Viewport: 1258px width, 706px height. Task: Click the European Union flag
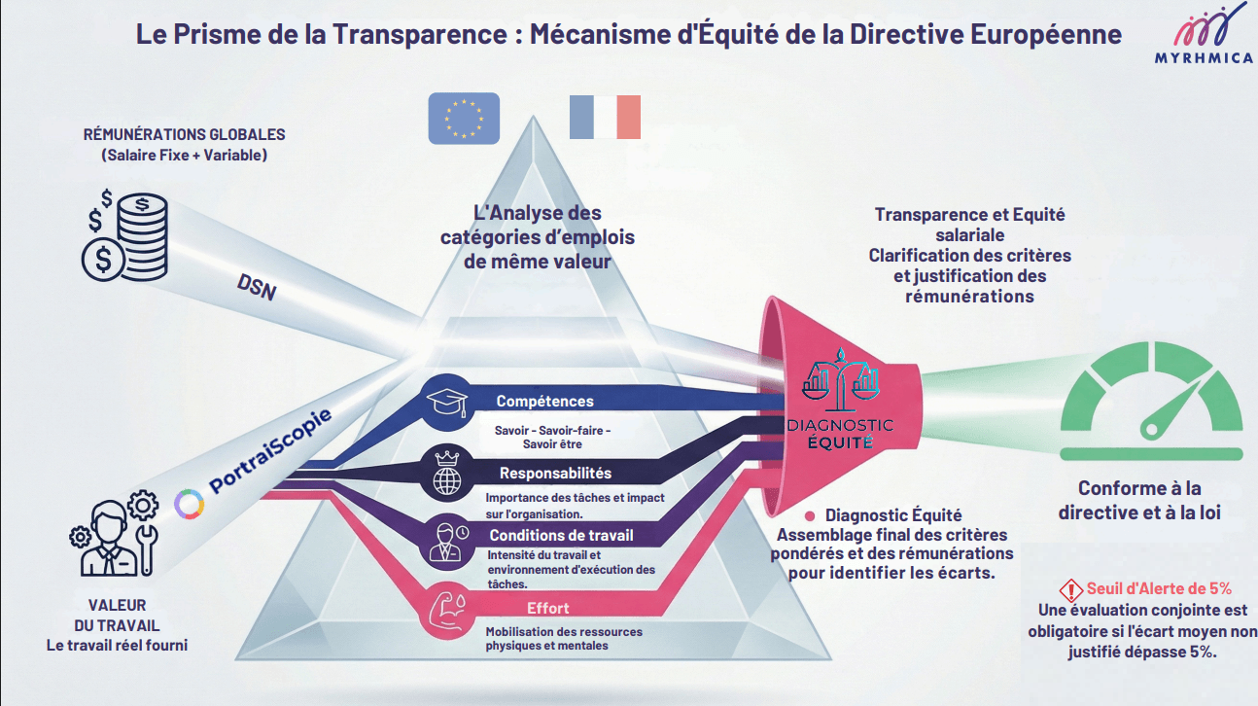pyautogui.click(x=464, y=119)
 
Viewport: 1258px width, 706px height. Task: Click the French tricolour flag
pyautogui.click(x=605, y=117)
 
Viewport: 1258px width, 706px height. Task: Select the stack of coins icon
pyautogui.click(x=125, y=236)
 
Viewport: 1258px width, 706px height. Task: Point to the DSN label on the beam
pyautogui.click(x=257, y=287)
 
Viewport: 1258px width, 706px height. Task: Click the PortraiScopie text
pyautogui.click(x=270, y=451)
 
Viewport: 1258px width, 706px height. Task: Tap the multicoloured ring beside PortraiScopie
pyautogui.click(x=190, y=504)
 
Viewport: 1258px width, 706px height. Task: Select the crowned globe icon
pyautogui.click(x=447, y=473)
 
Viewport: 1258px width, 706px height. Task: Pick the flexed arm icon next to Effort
pyautogui.click(x=447, y=611)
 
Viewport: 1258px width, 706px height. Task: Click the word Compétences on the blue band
pyautogui.click(x=544, y=401)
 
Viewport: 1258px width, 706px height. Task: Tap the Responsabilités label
pyautogui.click(x=555, y=473)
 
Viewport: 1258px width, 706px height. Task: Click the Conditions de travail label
pyautogui.click(x=561, y=535)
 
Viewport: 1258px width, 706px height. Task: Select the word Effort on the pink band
pyautogui.click(x=547, y=609)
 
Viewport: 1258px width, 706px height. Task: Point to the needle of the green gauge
pyautogui.click(x=1171, y=408)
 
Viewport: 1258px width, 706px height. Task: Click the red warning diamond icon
pyautogui.click(x=1071, y=590)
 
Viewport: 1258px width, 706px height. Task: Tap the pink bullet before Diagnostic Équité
pyautogui.click(x=810, y=515)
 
